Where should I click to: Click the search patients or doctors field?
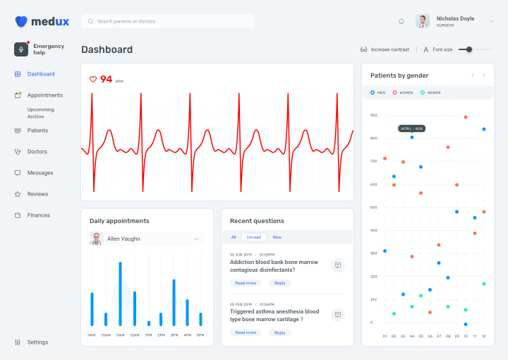click(167, 21)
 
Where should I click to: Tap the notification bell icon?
click(401, 21)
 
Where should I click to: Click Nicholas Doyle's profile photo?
click(423, 21)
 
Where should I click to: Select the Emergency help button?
click(40, 49)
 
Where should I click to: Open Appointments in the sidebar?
click(44, 95)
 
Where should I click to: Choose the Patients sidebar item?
click(37, 131)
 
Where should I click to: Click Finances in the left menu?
click(38, 215)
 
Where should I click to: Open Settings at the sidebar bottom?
click(37, 342)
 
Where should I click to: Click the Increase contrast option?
click(385, 49)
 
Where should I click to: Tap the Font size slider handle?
click(469, 49)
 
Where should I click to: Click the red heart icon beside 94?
click(93, 80)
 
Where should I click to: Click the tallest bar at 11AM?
click(120, 294)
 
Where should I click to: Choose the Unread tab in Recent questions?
click(254, 237)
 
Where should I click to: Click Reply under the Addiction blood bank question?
click(280, 283)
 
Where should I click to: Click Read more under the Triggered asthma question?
click(246, 332)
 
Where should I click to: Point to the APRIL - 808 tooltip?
click(411, 128)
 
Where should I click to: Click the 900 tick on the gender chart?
click(373, 115)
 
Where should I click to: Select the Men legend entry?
click(378, 92)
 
